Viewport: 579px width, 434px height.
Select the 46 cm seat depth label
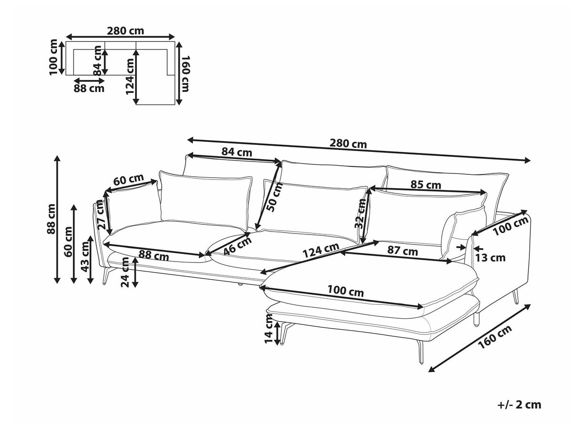tap(237, 246)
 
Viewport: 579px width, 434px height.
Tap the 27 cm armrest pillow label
tap(100, 215)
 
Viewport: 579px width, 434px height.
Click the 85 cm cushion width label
tap(426, 185)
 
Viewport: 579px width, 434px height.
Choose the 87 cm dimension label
tap(403, 251)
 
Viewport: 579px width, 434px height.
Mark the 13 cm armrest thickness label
tap(491, 258)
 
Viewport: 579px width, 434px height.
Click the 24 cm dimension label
tap(125, 272)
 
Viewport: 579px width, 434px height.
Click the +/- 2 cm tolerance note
tap(519, 405)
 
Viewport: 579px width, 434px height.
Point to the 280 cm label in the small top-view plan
tap(125, 31)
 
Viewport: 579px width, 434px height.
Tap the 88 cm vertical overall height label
tap(51, 219)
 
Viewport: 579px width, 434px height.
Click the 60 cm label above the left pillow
tap(129, 181)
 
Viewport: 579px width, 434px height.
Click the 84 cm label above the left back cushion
tap(237, 152)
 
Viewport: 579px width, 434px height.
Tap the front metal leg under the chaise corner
tap(420, 353)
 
